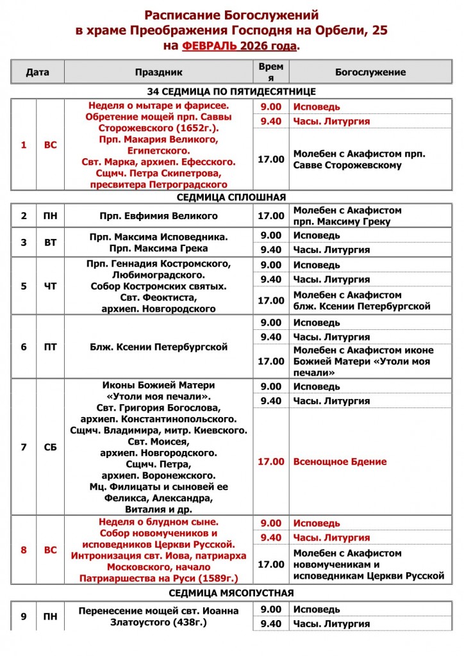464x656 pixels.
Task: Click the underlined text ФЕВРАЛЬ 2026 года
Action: tap(240, 46)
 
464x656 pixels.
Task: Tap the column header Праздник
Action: tap(159, 72)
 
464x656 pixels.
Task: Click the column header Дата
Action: tap(37, 72)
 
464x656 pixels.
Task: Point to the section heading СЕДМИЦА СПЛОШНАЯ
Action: tap(231, 197)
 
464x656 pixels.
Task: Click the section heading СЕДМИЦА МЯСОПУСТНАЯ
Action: tap(231, 592)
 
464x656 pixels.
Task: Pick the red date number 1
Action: tap(24, 145)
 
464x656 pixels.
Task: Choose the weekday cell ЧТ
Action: tap(50, 286)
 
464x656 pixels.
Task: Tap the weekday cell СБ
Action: tap(50, 447)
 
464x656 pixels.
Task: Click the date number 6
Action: tap(24, 347)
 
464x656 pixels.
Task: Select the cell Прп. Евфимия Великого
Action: tap(159, 216)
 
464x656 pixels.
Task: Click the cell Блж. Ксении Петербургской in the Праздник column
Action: tap(159, 347)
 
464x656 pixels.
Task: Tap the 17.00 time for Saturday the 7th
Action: tap(270, 461)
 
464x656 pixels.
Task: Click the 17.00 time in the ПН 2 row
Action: tap(270, 216)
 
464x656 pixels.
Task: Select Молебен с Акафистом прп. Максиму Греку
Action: tap(347, 216)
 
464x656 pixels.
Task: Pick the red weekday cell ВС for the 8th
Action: tap(50, 550)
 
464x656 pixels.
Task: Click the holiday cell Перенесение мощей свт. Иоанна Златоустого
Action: tap(159, 616)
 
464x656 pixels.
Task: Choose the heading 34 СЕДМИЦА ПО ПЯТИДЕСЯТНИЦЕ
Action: tap(231, 92)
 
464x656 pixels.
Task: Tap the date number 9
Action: tap(24, 616)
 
